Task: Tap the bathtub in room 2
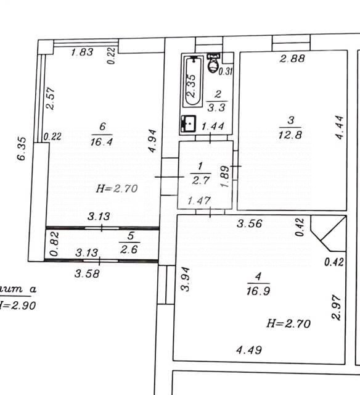[x=192, y=82]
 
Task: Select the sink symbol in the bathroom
[x=188, y=124]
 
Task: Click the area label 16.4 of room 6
[x=102, y=141]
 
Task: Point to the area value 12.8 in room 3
[x=293, y=136]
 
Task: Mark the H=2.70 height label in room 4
[x=288, y=323]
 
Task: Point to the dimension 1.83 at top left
[x=82, y=52]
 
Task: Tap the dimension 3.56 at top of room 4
[x=250, y=224]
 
